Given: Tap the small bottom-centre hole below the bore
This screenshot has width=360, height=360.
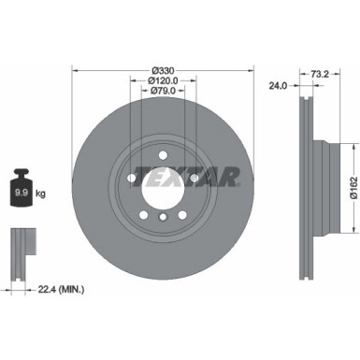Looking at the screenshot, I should click(162, 218).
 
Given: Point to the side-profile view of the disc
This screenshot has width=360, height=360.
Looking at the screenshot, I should click(308, 178).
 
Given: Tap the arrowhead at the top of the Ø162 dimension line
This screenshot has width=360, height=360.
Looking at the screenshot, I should click(353, 145).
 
